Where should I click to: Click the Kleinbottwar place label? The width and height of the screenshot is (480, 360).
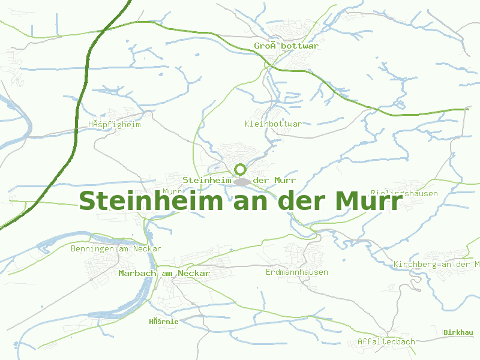(273, 124)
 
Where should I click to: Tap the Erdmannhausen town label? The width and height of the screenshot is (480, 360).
(297, 272)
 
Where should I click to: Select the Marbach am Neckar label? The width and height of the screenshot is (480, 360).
(164, 274)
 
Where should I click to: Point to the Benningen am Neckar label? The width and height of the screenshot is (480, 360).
(116, 248)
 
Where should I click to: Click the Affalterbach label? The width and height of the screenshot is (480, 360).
(386, 342)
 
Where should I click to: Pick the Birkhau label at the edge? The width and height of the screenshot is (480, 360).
(458, 332)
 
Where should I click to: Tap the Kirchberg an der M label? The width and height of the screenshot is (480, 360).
(436, 265)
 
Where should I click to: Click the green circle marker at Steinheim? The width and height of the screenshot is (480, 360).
(241, 169)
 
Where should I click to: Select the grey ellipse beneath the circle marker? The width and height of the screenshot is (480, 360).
(242, 181)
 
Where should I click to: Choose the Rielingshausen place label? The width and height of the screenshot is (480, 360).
(404, 194)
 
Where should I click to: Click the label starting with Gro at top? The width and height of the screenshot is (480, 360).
(286, 46)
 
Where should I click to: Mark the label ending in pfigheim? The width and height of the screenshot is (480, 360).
(114, 125)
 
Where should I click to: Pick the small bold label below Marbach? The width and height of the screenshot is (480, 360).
(164, 322)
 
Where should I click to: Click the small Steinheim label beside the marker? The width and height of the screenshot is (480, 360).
(207, 180)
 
